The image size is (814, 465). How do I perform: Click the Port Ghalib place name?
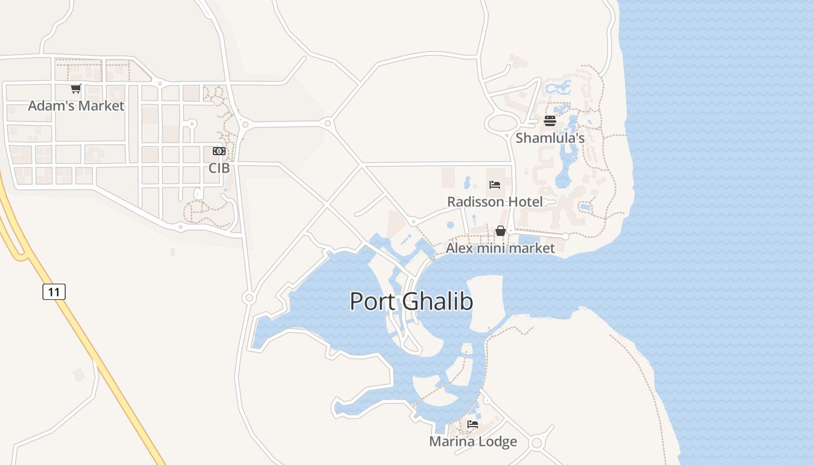point(411,302)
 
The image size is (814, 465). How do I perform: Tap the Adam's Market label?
point(76,106)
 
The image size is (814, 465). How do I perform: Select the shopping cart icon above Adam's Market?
point(76,89)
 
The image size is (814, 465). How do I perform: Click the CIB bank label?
point(219,168)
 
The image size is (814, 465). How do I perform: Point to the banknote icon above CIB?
point(219,151)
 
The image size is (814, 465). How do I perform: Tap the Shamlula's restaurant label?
point(550,138)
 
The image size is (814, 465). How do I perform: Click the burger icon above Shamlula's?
point(550,121)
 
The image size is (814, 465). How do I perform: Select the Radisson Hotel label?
point(495,202)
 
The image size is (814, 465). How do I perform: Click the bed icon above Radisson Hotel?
point(495,185)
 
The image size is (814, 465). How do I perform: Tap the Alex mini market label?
point(500,248)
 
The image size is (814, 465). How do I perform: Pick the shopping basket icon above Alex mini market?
point(500,231)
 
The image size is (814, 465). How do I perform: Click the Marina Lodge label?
point(473,442)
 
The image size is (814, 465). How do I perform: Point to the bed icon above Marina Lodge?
point(473,424)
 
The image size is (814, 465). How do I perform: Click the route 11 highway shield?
point(54,291)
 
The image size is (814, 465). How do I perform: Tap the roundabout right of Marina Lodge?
point(537,443)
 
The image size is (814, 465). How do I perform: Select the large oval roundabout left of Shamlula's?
point(502,123)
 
